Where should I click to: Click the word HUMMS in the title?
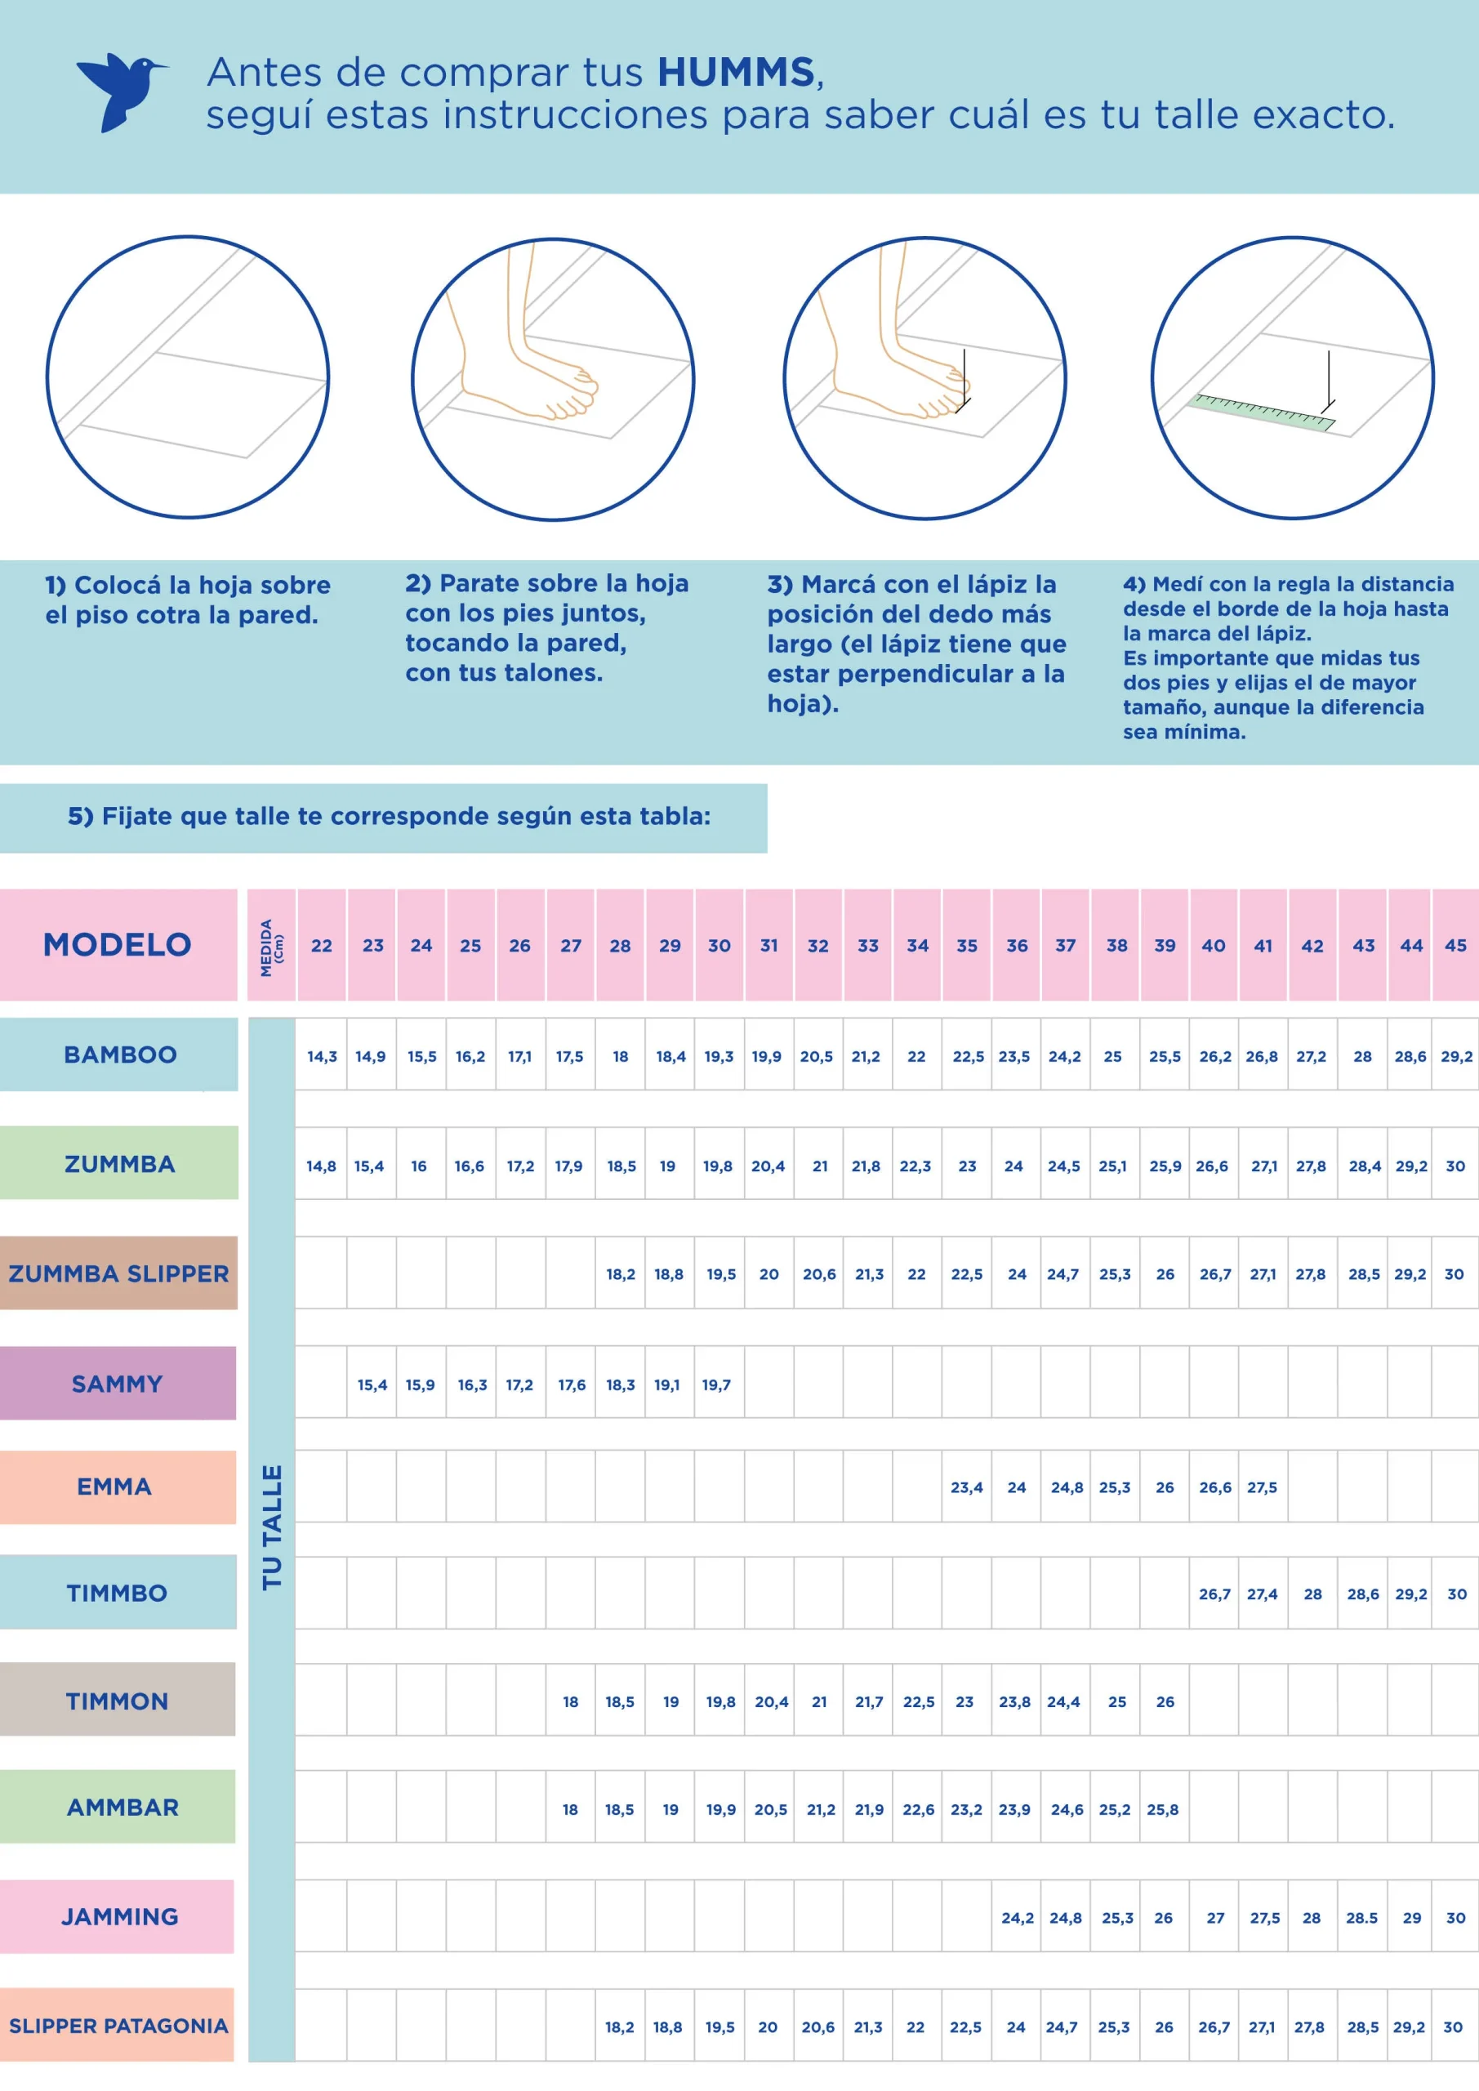click(736, 73)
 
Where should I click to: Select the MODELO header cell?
click(118, 944)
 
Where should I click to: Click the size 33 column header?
click(868, 945)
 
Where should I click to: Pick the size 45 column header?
click(1455, 945)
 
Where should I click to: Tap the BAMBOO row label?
click(119, 1054)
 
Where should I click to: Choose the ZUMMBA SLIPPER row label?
click(118, 1273)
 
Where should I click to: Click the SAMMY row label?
click(118, 1384)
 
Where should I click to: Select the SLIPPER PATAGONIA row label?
click(118, 2026)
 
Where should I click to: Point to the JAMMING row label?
click(118, 1916)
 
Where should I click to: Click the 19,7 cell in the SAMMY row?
click(716, 1384)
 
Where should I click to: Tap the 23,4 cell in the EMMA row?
click(966, 1487)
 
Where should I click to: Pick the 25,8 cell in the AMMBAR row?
click(1163, 1809)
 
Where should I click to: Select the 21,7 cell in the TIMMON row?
click(869, 1701)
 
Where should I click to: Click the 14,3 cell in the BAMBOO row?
click(322, 1056)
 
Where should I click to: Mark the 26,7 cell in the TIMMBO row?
click(1214, 1594)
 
